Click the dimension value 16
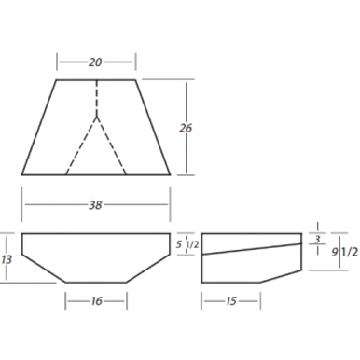point(96,300)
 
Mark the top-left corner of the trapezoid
point(57,79)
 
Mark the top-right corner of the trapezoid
point(135,79)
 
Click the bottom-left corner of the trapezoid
point(21,174)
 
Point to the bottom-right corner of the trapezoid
point(171,174)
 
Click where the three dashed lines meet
point(96,116)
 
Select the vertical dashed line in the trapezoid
point(96,98)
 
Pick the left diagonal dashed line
point(82,145)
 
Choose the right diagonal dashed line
point(111,145)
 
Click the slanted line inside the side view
point(252,248)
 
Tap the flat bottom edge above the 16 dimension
point(96,282)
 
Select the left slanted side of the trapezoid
point(39,127)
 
